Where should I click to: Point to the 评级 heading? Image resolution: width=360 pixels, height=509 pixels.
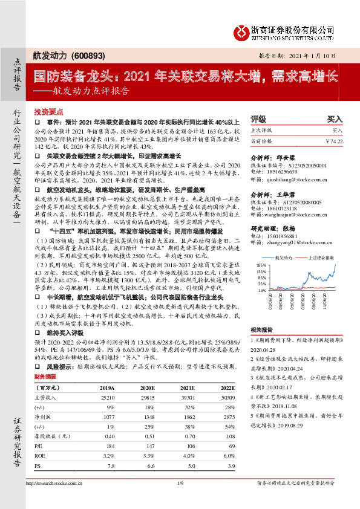(258, 119)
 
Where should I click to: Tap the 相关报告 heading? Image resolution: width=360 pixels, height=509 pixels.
(262, 329)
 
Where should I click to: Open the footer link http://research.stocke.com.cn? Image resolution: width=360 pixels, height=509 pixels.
(54, 484)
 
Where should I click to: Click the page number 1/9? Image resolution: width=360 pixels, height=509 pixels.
(180, 484)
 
